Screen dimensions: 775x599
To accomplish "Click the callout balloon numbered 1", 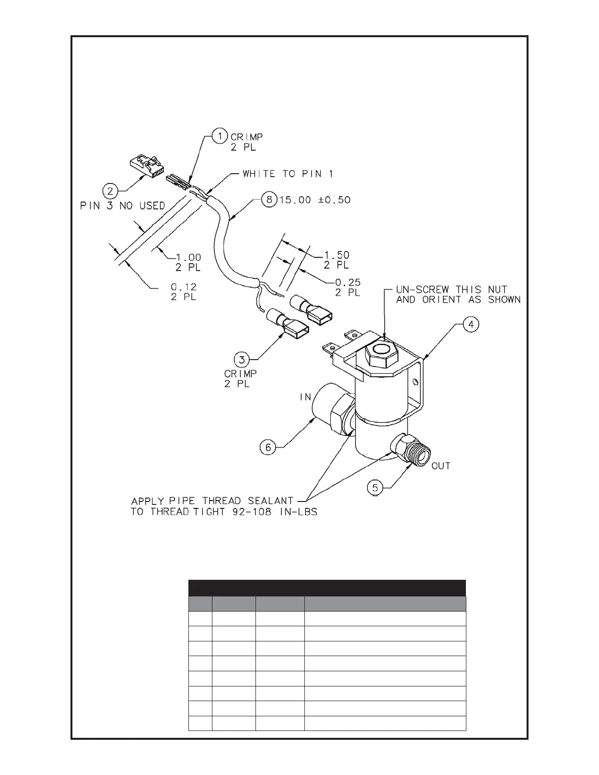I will pyautogui.click(x=220, y=136).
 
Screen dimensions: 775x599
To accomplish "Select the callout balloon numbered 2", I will pyautogui.click(x=111, y=189).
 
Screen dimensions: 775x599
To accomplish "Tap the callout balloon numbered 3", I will pyautogui.click(x=241, y=360).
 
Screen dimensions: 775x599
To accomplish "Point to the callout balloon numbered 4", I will pyautogui.click(x=472, y=324).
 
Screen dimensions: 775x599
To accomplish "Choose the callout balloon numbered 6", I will pyautogui.click(x=267, y=447).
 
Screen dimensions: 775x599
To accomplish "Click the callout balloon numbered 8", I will pyautogui.click(x=269, y=200).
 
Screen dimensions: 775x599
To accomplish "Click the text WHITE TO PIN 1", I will pyautogui.click(x=288, y=174).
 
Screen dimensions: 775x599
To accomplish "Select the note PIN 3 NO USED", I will pyautogui.click(x=122, y=205).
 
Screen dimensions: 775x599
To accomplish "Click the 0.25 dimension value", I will pyautogui.click(x=347, y=282).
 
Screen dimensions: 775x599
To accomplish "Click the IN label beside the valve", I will pyautogui.click(x=305, y=397).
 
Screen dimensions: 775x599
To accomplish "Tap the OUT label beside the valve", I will pyautogui.click(x=440, y=466).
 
